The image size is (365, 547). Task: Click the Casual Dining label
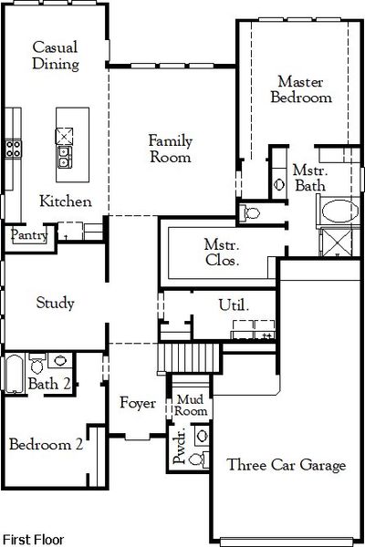coord(55,55)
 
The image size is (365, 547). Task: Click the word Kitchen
coord(66,201)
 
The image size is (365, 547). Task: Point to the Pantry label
coord(28,235)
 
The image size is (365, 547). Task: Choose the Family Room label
coord(171,149)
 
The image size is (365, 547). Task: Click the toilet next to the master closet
coord(252,213)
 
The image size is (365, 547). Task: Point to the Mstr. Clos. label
coord(222,252)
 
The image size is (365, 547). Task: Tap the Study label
coord(55,303)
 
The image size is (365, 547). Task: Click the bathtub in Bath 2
coord(14,376)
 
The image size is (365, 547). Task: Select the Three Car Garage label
coord(287,466)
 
